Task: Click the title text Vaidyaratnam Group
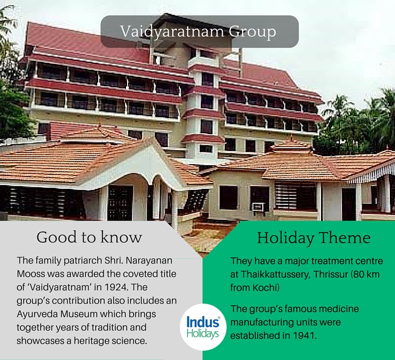click(x=198, y=32)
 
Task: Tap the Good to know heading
click(x=89, y=237)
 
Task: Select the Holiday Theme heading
click(x=314, y=238)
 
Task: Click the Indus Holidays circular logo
click(x=203, y=327)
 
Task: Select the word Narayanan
click(x=149, y=261)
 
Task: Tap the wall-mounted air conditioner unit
click(x=258, y=207)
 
